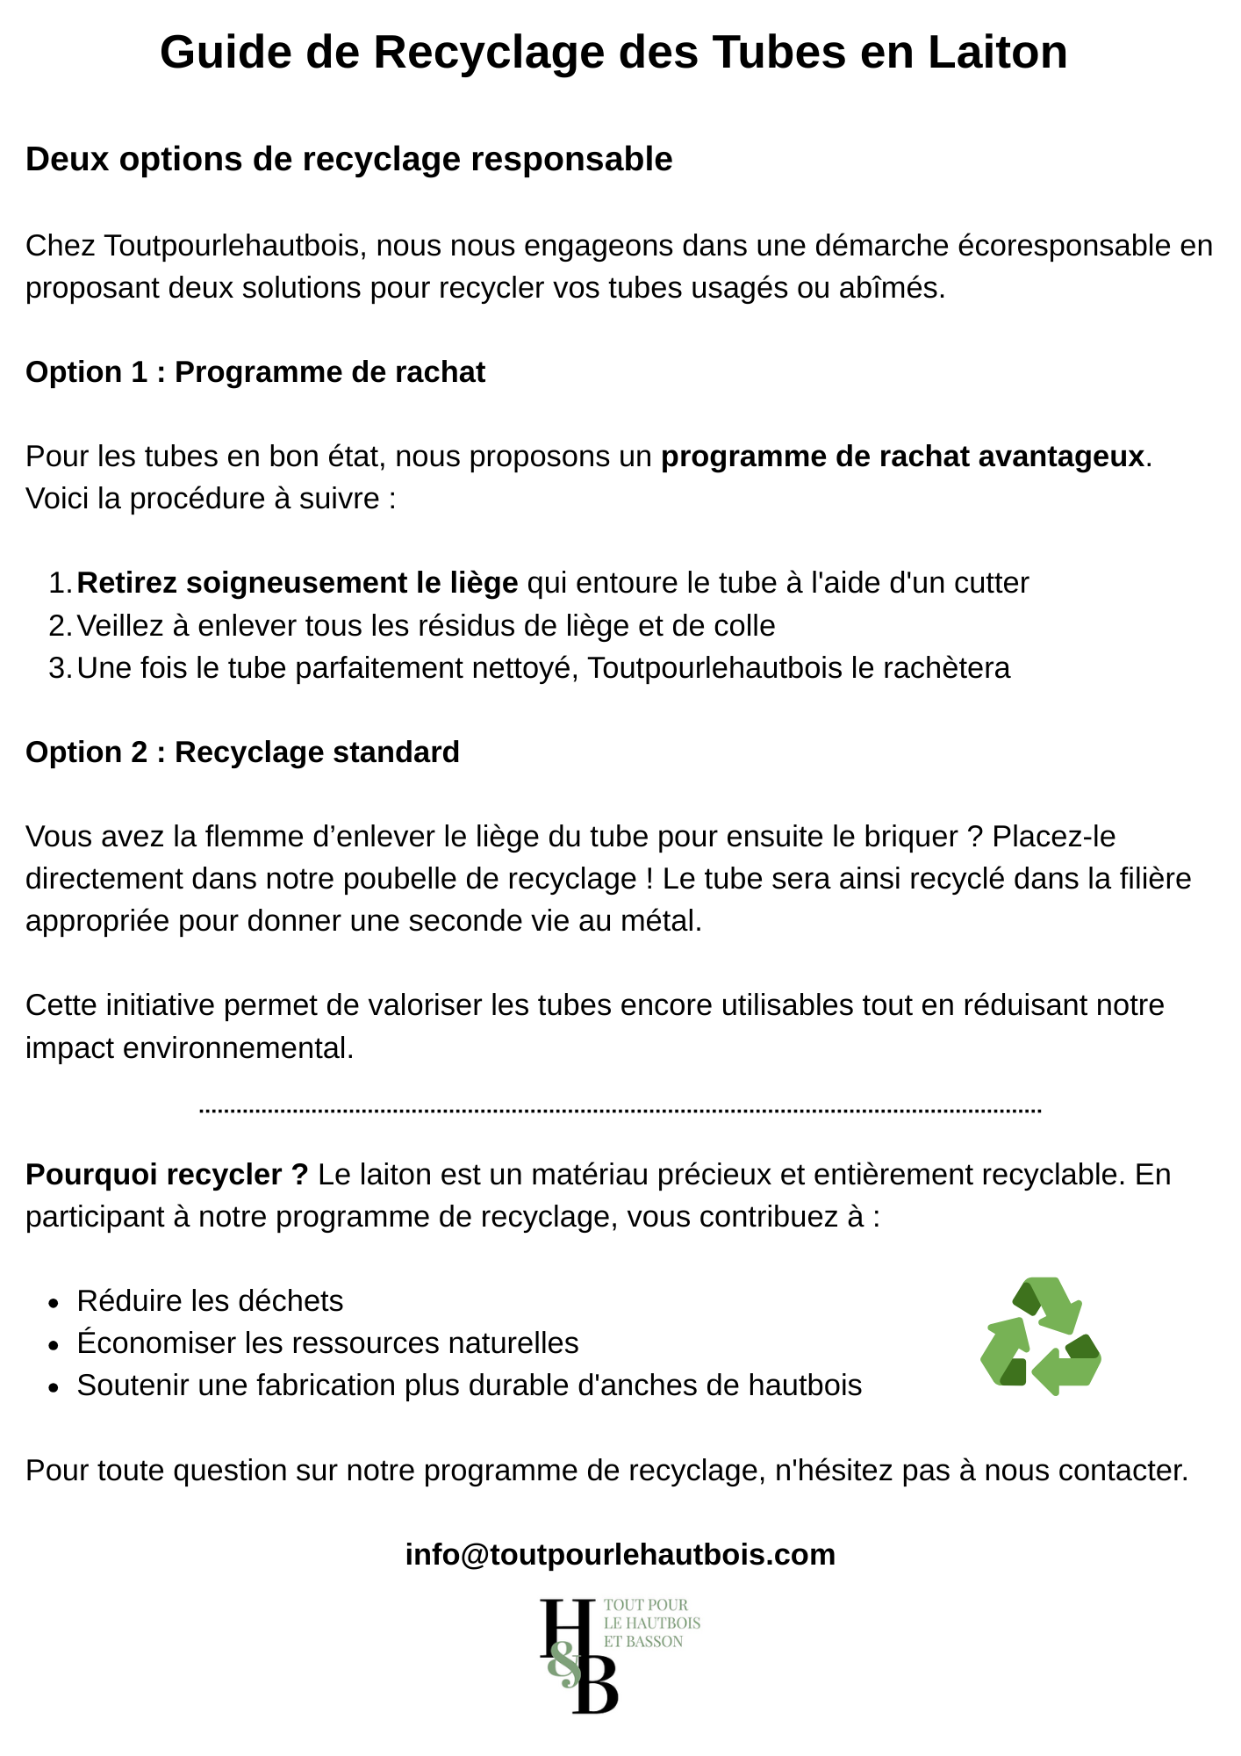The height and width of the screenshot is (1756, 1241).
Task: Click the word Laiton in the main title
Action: (998, 53)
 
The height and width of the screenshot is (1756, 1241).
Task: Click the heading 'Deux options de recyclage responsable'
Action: (348, 160)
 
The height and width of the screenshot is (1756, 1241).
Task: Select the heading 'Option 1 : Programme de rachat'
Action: (255, 372)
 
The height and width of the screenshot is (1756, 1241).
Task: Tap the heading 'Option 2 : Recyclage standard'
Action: (242, 752)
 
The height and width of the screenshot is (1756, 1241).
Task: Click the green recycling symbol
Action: (1040, 1336)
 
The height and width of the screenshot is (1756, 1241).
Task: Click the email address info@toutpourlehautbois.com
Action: (620, 1555)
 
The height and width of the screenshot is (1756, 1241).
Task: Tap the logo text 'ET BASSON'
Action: (642, 1642)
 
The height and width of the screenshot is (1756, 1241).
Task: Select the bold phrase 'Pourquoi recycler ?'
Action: (167, 1175)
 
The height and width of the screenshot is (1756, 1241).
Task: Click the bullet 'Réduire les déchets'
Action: (210, 1301)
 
